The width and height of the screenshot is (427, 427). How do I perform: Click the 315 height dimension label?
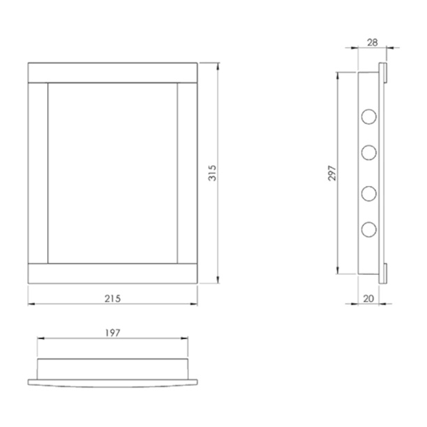(x=212, y=173)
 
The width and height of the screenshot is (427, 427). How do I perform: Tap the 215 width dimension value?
(x=113, y=299)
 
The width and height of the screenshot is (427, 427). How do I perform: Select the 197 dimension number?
(x=113, y=333)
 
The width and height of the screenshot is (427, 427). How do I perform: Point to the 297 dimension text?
(x=332, y=173)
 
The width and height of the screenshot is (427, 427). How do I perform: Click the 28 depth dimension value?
(x=373, y=43)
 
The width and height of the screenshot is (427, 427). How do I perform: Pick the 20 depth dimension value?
(x=368, y=299)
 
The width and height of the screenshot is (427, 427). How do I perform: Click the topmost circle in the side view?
(x=369, y=117)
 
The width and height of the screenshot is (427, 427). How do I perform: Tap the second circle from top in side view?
(x=369, y=153)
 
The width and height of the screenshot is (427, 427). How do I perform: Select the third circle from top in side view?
(x=369, y=194)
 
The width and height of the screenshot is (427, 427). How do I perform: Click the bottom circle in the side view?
(x=369, y=230)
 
